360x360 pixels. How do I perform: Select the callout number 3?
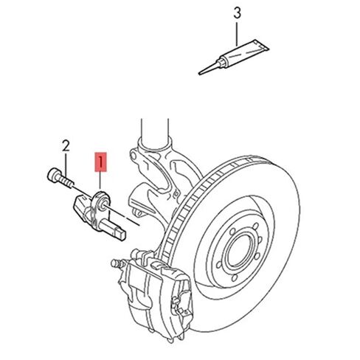click(236, 13)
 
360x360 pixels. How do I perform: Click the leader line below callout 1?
click(100, 181)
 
